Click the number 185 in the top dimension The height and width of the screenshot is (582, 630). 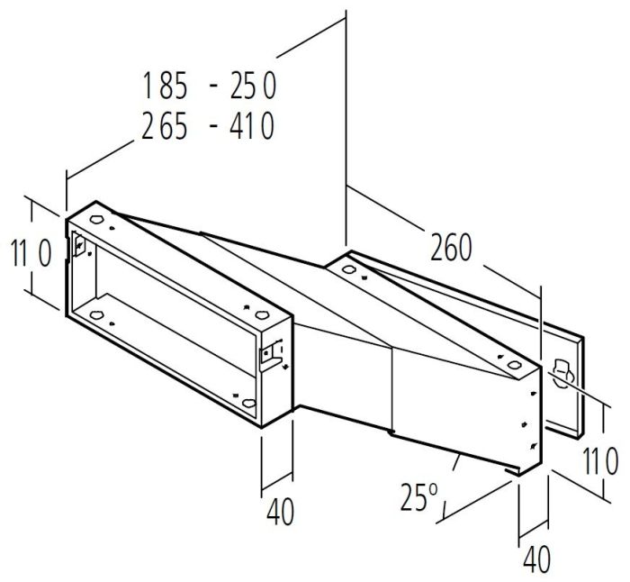coord(165,85)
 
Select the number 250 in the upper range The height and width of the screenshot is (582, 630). coord(253,85)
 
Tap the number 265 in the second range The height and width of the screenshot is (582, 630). coord(165,125)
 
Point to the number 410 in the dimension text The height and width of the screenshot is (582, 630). coord(252,125)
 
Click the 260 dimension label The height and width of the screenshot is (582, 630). coord(451,248)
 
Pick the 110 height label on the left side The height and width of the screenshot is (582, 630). coord(31,253)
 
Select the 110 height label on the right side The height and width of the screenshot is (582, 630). coord(600,461)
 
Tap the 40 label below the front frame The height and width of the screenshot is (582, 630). coord(281,512)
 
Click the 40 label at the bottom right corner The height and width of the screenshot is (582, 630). coord(537,559)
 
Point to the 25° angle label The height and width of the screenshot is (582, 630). coord(418,497)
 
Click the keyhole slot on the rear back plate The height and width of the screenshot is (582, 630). coord(562,373)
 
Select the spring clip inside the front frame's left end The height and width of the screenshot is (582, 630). coord(79,244)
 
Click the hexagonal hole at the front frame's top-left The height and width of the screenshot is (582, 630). coord(97,219)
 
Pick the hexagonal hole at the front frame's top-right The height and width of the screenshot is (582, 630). coord(262,314)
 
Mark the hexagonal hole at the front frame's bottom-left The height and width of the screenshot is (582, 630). coord(96,315)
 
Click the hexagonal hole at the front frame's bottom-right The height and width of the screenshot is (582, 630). coord(249,402)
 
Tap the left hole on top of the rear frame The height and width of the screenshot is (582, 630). coord(348,269)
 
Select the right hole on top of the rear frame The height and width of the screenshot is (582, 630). coord(514,365)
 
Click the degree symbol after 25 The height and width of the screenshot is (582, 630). coord(433,488)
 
